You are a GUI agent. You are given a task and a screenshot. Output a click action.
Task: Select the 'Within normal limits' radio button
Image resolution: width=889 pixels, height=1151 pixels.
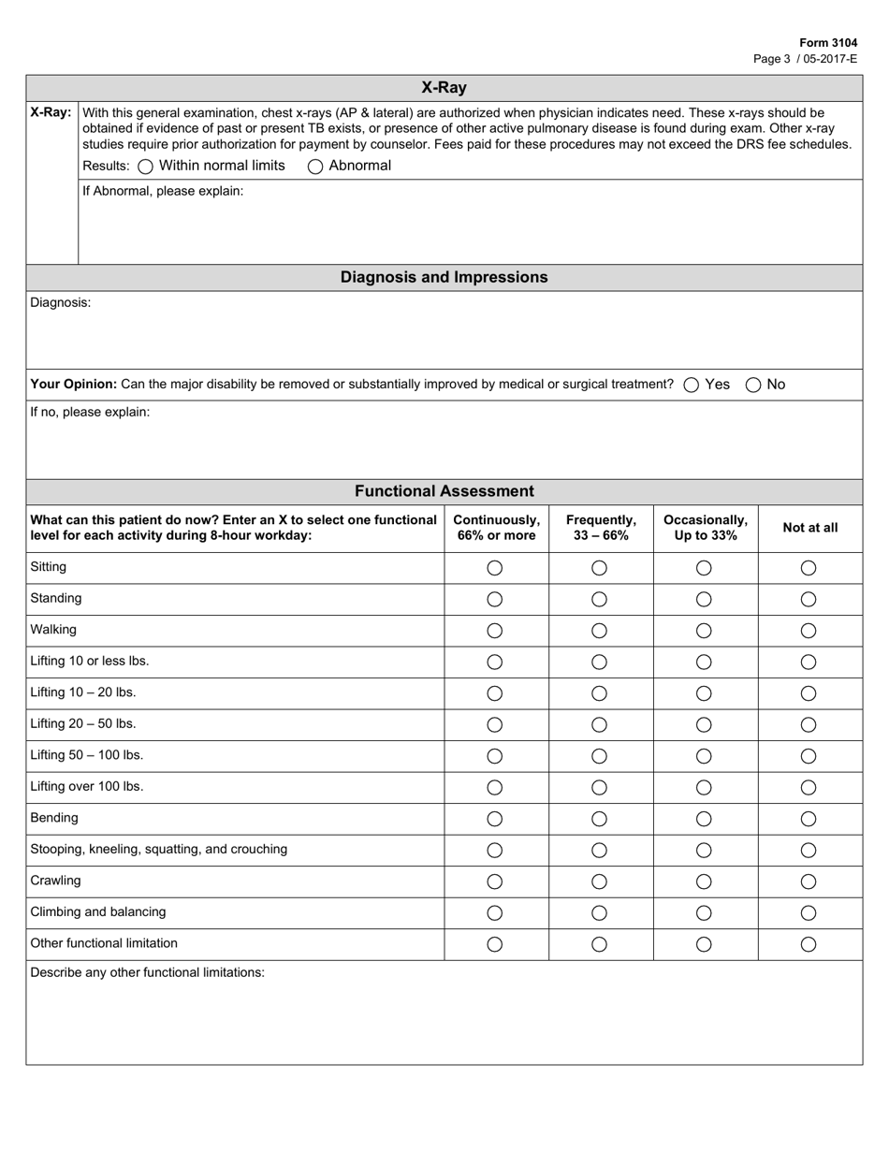pos(145,167)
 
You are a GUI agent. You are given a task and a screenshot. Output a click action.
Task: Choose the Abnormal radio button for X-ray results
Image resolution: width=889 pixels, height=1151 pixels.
pos(315,167)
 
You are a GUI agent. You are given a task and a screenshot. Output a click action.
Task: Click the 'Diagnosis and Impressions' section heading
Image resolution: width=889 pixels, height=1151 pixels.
pos(444,277)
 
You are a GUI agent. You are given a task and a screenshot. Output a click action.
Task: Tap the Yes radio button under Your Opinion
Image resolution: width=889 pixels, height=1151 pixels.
pos(692,385)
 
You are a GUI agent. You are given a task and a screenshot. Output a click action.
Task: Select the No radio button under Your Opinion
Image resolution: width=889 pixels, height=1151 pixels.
pos(753,385)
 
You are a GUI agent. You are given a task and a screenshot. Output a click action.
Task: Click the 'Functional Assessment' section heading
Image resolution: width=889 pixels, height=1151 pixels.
pos(444,491)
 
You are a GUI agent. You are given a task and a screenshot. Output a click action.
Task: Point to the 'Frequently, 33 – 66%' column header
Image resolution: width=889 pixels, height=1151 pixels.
pos(600,528)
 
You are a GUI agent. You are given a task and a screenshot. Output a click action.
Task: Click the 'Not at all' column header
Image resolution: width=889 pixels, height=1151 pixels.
pos(809,528)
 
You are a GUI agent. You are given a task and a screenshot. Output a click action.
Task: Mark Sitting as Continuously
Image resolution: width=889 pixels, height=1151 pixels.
pos(495,568)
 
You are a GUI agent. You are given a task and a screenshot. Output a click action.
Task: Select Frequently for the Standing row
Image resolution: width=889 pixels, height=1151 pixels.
pos(600,599)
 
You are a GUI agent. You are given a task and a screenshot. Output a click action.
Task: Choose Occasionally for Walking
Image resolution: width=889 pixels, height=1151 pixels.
pos(705,631)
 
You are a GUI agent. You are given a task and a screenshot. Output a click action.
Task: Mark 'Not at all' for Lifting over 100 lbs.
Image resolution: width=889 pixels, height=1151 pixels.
pos(809,787)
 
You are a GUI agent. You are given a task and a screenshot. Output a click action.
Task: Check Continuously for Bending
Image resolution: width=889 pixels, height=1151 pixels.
pos(495,819)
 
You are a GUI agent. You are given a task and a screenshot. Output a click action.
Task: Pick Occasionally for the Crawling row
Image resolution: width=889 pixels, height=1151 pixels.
pos(705,881)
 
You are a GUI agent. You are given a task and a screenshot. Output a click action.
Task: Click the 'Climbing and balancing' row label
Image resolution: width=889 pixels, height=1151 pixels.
pos(98,911)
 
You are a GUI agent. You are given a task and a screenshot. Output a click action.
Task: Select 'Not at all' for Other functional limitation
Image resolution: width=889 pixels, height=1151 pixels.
pos(809,944)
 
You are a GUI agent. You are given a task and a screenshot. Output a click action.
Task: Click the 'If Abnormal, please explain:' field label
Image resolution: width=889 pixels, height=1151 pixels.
pos(163,191)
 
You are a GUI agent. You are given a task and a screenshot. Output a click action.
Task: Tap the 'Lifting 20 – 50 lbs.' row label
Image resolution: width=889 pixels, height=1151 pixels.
pos(83,723)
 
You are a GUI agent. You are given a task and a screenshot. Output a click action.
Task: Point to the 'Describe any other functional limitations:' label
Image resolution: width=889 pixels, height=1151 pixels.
pos(148,972)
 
